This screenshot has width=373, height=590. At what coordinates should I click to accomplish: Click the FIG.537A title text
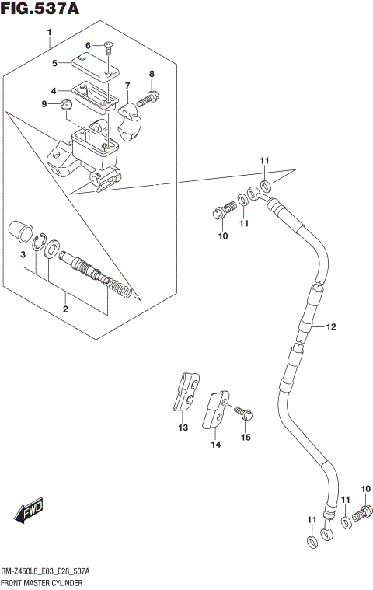40,9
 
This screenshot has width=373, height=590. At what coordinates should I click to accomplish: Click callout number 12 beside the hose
330,327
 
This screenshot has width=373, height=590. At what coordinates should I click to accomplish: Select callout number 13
183,428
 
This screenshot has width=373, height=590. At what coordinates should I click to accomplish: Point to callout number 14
215,445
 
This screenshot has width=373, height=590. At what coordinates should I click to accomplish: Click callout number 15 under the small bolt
246,438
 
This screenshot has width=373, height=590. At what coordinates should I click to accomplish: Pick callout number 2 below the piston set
65,309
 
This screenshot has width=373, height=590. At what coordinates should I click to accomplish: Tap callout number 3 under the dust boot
23,254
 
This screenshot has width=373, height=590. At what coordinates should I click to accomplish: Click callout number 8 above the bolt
152,74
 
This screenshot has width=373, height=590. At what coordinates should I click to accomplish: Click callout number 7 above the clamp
127,86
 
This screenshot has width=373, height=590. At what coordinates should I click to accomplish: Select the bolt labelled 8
149,99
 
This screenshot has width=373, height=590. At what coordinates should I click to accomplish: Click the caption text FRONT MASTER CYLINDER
43,582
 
